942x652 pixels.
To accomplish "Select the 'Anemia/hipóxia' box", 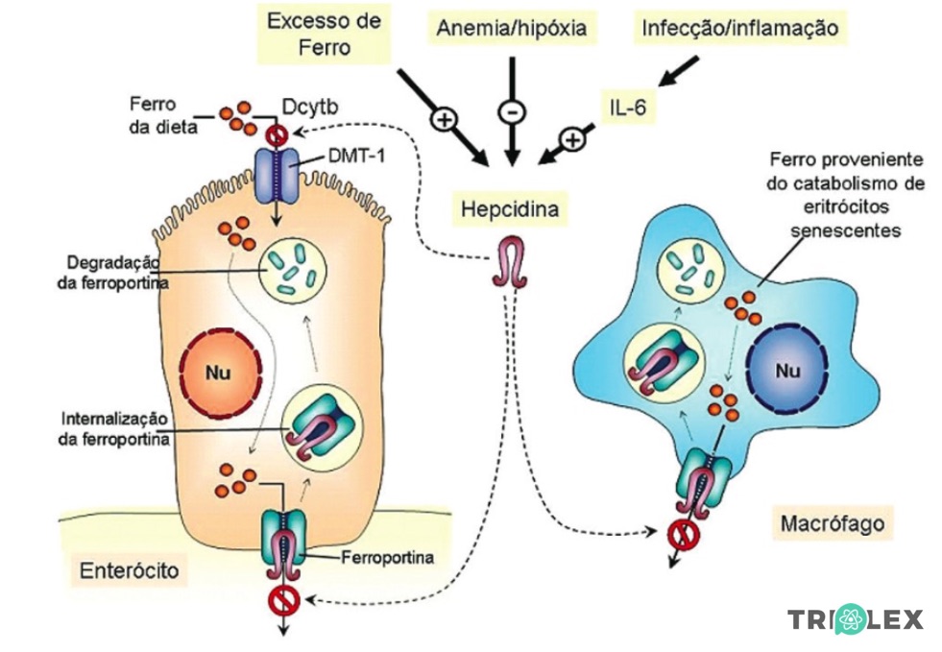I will click(512, 29).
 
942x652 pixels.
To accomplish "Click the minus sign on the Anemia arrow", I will click(511, 112).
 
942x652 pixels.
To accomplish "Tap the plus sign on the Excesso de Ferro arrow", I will click(444, 120).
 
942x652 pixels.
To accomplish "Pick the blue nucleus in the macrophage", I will click(788, 370).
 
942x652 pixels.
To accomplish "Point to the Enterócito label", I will click(129, 573).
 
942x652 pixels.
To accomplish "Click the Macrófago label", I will click(832, 523).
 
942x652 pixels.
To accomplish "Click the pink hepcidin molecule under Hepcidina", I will click(509, 265).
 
